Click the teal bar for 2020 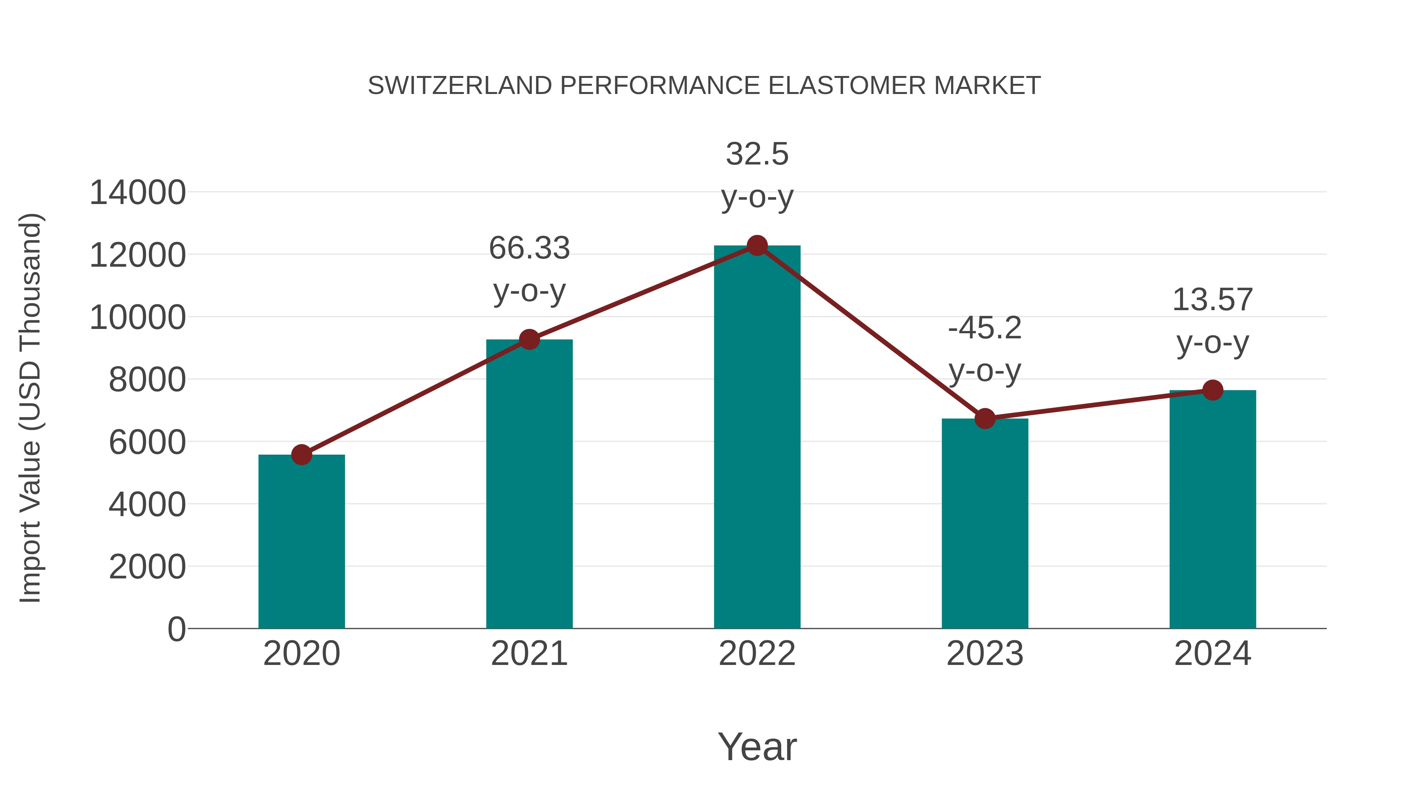click(301, 542)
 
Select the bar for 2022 click(757, 438)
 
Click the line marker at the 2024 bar click(1213, 390)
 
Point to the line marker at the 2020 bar click(301, 454)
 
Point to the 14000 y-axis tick click(137, 193)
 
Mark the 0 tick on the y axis click(176, 629)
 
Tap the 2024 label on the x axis click(1213, 654)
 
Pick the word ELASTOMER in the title click(846, 86)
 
